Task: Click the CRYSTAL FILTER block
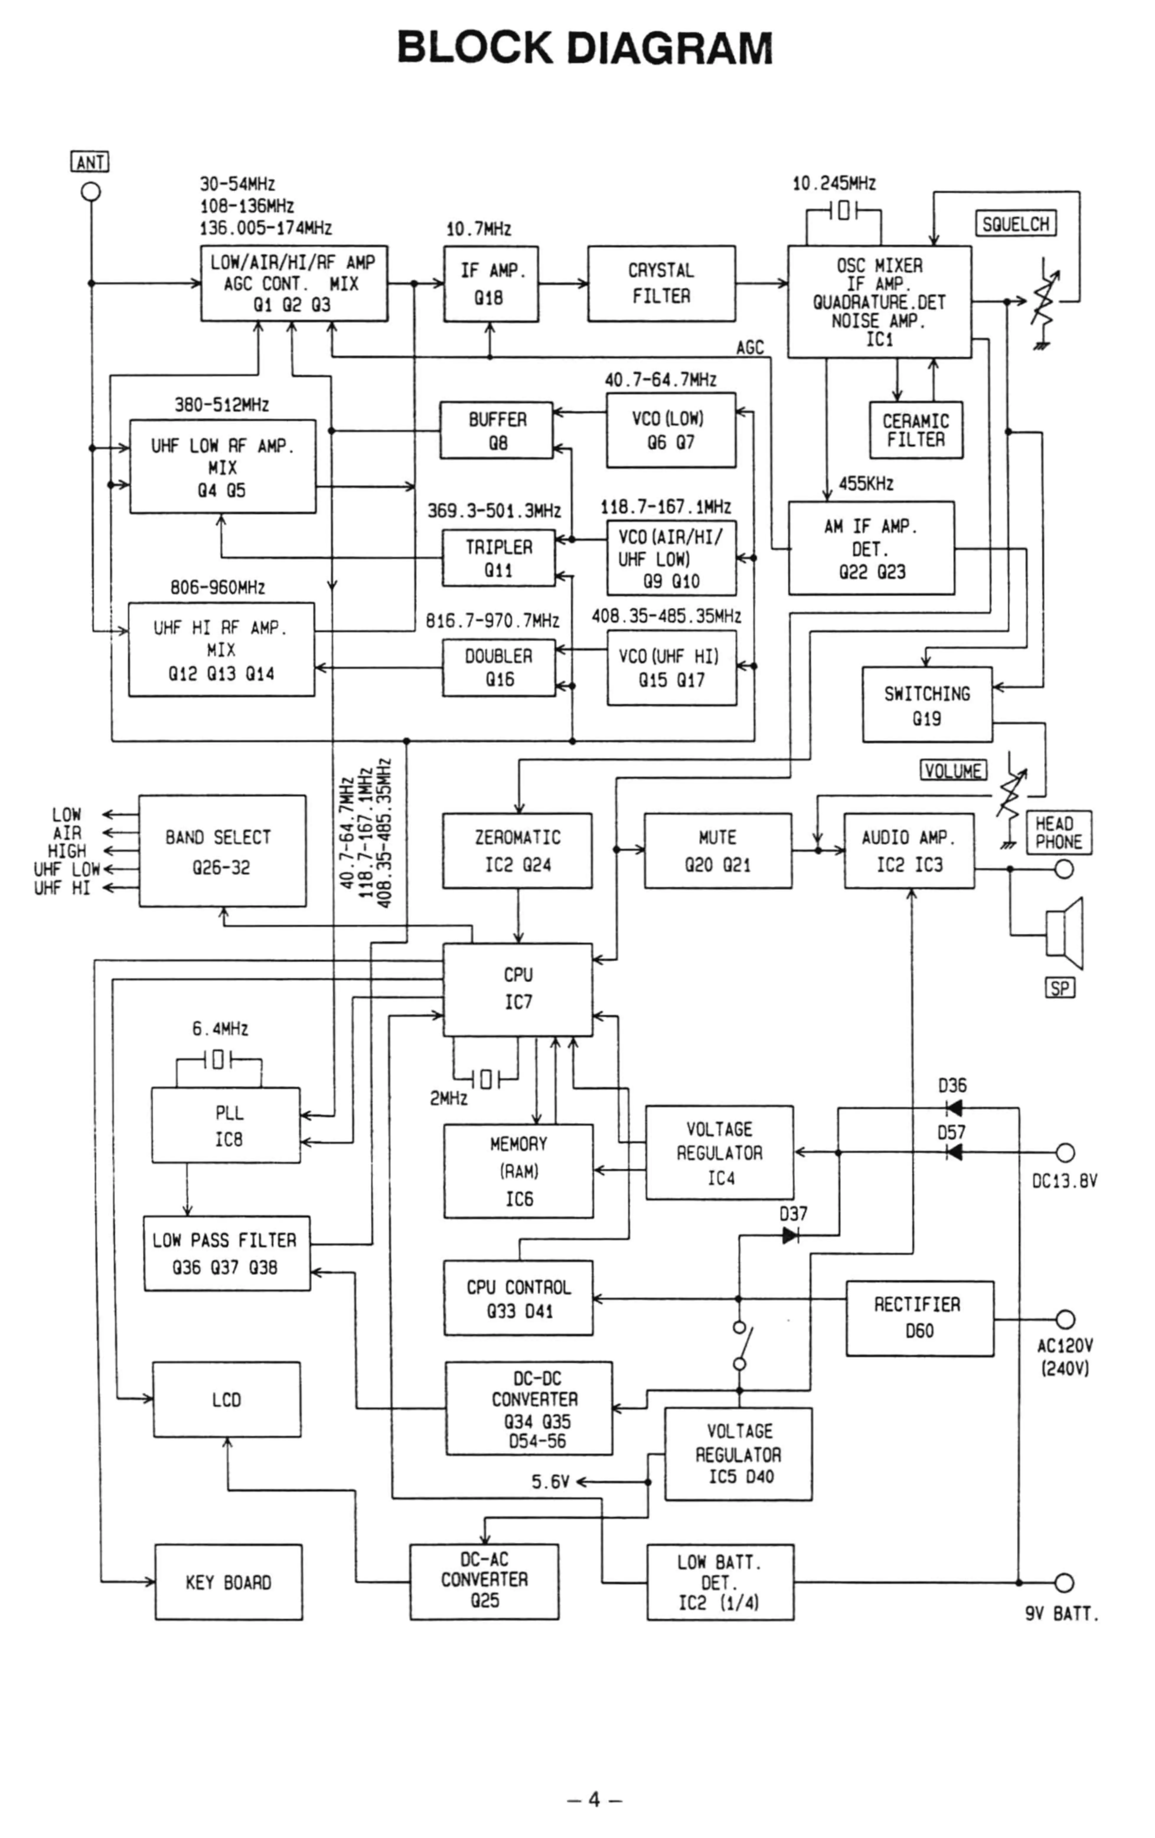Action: (x=661, y=283)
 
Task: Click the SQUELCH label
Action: (x=1015, y=224)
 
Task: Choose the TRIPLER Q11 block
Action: (x=498, y=558)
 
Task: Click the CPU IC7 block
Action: (x=518, y=989)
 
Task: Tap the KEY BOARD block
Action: (x=228, y=1582)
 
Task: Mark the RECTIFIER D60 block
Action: (x=919, y=1318)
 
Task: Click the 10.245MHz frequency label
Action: (x=833, y=183)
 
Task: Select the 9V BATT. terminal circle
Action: (x=1064, y=1582)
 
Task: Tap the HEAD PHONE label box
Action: (x=1058, y=833)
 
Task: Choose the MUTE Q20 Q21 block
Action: (x=717, y=850)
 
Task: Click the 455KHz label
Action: (x=866, y=483)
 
